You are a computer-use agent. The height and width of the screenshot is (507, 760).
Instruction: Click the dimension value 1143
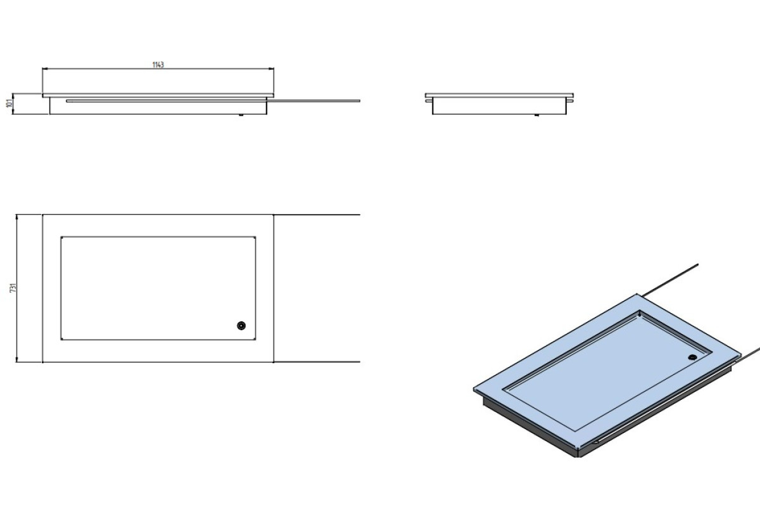click(158, 65)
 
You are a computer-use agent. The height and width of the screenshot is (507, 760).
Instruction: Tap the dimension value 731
click(13, 288)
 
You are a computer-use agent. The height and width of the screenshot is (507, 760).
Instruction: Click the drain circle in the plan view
click(241, 326)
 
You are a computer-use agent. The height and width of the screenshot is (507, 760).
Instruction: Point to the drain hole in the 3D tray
click(692, 357)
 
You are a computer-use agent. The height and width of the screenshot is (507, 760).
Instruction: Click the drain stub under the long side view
click(241, 115)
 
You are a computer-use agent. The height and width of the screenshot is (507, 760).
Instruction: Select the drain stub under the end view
click(537, 115)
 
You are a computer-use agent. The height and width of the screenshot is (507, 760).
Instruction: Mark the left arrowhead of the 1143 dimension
click(45, 68)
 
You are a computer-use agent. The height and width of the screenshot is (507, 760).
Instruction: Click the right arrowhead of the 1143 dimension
click(272, 68)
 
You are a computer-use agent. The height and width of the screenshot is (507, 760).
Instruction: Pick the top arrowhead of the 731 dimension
click(16, 217)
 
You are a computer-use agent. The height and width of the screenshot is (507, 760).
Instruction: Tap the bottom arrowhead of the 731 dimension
click(16, 359)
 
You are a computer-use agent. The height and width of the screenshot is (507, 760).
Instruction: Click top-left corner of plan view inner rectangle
click(61, 237)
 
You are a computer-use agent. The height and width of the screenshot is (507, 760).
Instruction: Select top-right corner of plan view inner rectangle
click(255, 237)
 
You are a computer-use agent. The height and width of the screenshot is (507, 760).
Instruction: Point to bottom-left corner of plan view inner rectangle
click(61, 339)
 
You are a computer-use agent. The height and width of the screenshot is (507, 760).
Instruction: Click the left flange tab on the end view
click(429, 101)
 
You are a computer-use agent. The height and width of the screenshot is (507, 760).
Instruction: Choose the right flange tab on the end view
click(570, 101)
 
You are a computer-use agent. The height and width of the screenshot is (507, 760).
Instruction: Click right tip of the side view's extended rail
click(360, 101)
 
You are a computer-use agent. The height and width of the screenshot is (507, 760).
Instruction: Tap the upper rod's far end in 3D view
click(697, 264)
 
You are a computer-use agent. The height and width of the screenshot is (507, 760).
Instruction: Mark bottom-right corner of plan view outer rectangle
click(274, 362)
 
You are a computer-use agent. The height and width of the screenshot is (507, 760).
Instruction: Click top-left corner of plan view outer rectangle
click(43, 215)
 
